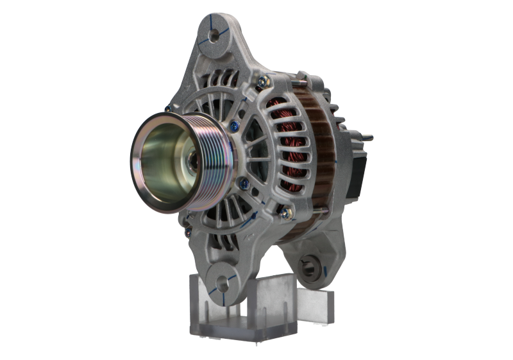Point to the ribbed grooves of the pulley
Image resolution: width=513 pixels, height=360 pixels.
coord(206,148)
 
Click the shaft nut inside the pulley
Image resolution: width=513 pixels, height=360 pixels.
coord(192,159)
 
